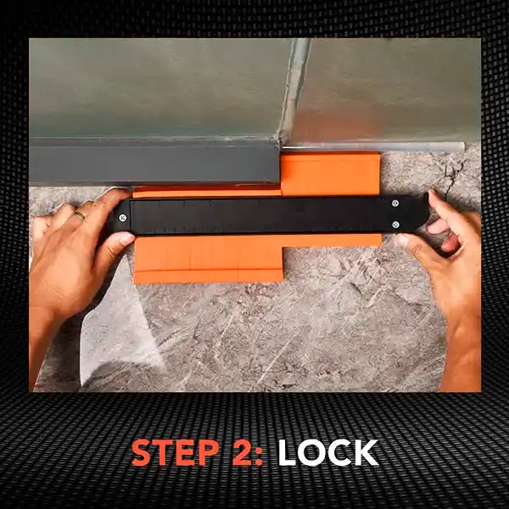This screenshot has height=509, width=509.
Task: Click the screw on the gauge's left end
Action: coord(123,218)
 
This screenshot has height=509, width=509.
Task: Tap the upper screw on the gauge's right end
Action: coord(395,204)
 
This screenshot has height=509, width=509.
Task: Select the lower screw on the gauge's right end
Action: coord(395,225)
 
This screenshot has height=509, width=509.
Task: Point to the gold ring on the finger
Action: coord(80,215)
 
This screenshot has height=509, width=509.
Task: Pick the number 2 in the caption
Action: coord(242,452)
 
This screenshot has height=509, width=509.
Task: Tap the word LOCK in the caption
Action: coord(328,452)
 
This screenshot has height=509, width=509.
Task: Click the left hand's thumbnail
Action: coord(127,239)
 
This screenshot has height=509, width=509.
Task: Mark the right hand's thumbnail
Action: coord(403,240)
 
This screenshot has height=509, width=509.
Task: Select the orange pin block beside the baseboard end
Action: coord(330,173)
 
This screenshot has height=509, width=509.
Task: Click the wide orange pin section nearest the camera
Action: coord(209,259)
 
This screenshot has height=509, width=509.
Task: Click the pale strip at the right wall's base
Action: coord(373,147)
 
